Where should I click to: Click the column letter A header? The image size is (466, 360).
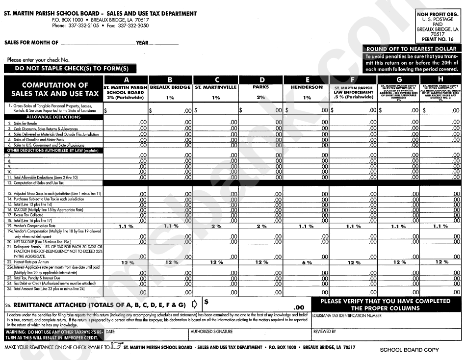coord(126,80)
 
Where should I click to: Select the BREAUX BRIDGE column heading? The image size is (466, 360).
coord(170,87)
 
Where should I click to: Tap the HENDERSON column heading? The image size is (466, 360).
coord(307,87)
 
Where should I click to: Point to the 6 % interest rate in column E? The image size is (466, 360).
coord(307,262)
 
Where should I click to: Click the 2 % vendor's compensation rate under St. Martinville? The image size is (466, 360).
coord(216,226)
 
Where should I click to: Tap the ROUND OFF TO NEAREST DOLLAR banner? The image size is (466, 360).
coord(411,49)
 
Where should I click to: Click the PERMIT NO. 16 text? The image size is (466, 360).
coord(437,39)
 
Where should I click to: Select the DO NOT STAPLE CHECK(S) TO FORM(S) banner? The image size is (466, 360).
coord(72,69)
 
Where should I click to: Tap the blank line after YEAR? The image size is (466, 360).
coord(164,43)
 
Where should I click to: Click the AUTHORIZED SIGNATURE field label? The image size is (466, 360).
coord(211,332)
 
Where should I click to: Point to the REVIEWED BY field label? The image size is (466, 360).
coord(324,332)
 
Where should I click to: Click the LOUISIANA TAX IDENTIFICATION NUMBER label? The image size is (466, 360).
coord(347,316)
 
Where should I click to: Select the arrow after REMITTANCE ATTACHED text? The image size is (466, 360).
coord(195,304)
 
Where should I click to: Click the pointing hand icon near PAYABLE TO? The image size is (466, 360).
coord(117,347)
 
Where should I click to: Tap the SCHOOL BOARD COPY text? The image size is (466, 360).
coord(409,350)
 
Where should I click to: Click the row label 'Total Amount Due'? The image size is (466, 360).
coord(44,288)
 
